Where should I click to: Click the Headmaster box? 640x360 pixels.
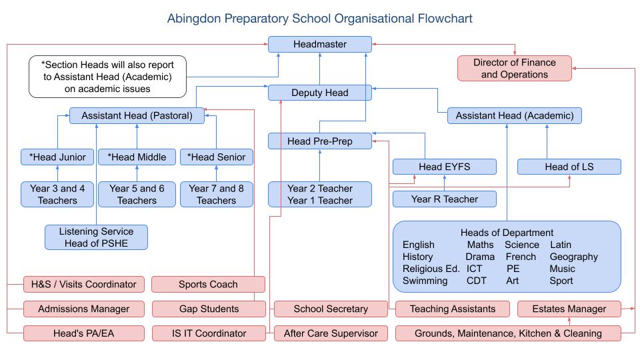[x=320, y=44]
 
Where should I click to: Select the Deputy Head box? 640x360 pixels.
[x=320, y=93]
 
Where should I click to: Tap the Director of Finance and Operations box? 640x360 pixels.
[x=514, y=68]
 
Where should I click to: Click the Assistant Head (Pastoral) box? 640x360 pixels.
[x=137, y=115]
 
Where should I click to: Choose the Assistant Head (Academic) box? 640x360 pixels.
[x=514, y=115]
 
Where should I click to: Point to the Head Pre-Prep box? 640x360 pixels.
[x=320, y=141]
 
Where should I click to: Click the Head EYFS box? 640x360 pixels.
[x=444, y=167]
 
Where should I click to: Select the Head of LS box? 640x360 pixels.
[x=569, y=167]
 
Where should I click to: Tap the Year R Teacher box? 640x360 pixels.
[x=444, y=199]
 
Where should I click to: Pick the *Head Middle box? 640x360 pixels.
[x=137, y=157]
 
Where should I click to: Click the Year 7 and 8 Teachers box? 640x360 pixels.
[x=216, y=194]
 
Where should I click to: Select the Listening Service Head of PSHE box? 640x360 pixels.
[x=96, y=237]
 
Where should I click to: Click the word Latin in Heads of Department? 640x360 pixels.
[x=560, y=245]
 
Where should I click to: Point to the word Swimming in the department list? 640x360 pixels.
[x=425, y=281]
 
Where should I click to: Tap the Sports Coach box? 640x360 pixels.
[x=208, y=284]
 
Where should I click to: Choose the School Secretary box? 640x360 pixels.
[x=331, y=309]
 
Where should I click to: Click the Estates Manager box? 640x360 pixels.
[x=569, y=309]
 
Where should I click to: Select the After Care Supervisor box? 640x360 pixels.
[x=331, y=333]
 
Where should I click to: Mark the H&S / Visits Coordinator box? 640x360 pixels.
[x=83, y=284]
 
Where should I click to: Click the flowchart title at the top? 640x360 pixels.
[x=320, y=18]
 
